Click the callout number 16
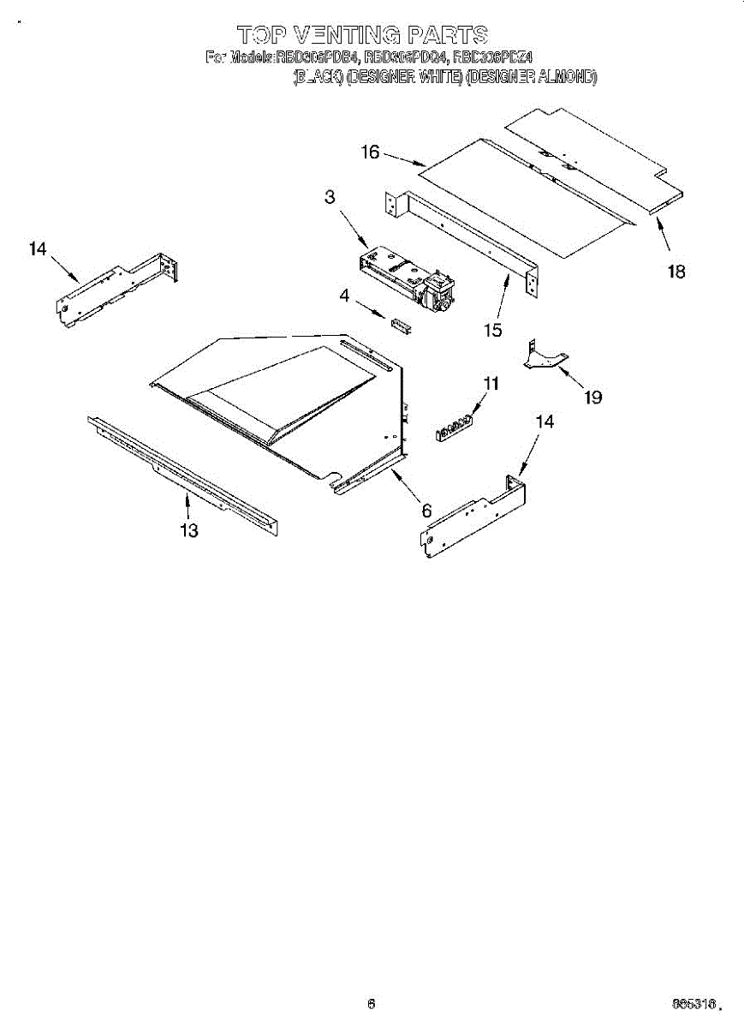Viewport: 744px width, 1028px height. pos(370,152)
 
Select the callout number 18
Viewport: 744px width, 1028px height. pos(676,272)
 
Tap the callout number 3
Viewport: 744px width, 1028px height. pos(330,197)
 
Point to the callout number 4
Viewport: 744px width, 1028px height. pos(344,296)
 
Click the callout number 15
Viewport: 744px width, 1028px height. pos(492,330)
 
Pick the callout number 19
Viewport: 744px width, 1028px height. pos(592,397)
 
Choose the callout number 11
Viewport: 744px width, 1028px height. pos(490,385)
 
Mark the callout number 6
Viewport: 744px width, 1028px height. pos(426,511)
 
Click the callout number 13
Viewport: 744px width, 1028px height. pos(189,531)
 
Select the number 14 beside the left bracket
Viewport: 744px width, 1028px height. pos(37,249)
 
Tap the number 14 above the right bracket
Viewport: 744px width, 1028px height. pos(545,421)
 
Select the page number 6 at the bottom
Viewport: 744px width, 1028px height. pos(371,1004)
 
